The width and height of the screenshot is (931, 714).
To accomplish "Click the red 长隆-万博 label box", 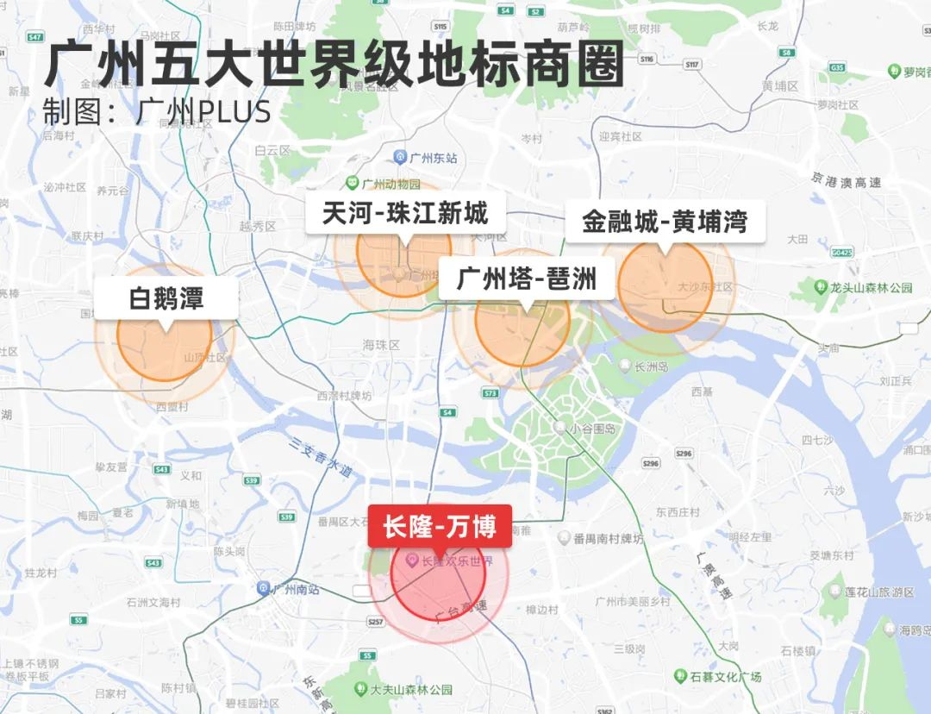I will pyautogui.click(x=440, y=527).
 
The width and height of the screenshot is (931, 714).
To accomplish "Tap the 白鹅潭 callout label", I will pyautogui.click(x=166, y=298).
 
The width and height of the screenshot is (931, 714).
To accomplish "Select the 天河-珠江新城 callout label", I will pyautogui.click(x=405, y=213).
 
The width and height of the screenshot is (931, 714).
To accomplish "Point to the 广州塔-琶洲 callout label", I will pyautogui.click(x=527, y=279).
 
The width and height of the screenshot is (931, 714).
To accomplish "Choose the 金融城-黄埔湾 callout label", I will pyautogui.click(x=664, y=222).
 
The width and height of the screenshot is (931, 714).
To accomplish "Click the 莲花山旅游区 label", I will pyautogui.click(x=872, y=592).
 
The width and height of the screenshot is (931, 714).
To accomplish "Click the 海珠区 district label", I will pyautogui.click(x=381, y=344).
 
